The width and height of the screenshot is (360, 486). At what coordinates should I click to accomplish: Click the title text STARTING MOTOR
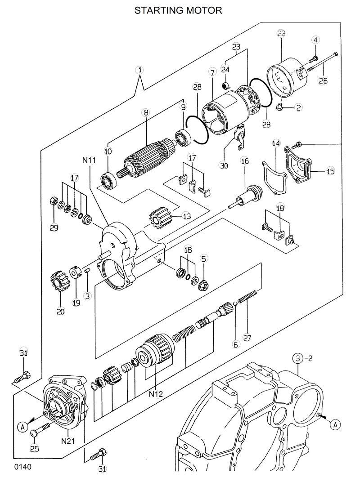(x=179, y=10)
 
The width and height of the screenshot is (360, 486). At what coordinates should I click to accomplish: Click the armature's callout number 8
(x=146, y=113)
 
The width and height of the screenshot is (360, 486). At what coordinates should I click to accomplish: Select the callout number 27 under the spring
(x=246, y=337)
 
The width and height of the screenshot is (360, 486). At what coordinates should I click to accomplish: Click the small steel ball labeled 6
(x=235, y=306)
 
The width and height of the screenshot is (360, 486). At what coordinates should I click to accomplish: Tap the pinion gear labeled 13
(x=159, y=219)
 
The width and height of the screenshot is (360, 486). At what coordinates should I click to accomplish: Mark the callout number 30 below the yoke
(x=224, y=165)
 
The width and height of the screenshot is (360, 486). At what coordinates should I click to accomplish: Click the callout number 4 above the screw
(x=315, y=40)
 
